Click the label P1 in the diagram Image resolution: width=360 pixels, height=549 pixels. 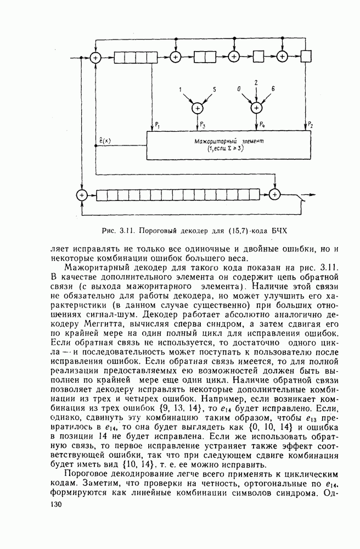[x=158, y=125]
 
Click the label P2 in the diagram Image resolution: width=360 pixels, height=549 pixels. [x=312, y=125]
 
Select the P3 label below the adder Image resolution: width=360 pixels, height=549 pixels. [x=204, y=125]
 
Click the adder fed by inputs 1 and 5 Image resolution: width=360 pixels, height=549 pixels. [x=197, y=108]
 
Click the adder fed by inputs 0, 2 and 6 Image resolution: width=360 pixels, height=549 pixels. [x=256, y=108]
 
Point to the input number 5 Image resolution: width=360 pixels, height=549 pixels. [x=215, y=89]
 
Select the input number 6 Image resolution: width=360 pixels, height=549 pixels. [x=273, y=89]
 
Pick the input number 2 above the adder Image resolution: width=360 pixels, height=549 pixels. [x=256, y=82]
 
